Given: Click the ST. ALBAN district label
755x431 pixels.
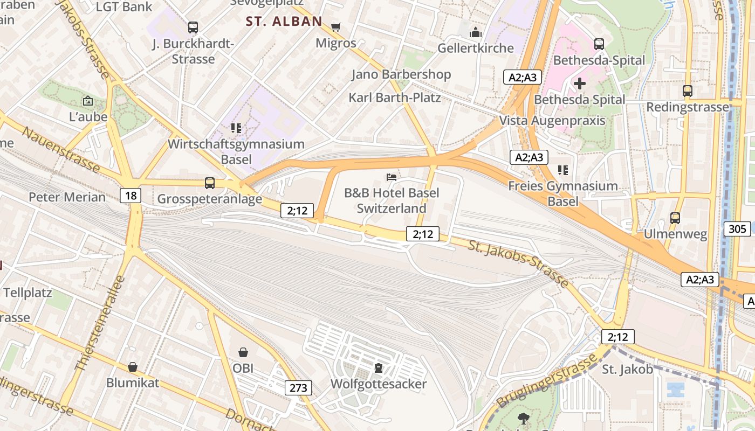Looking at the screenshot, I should (x=284, y=22).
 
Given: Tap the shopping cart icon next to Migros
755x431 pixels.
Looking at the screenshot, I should (x=336, y=27).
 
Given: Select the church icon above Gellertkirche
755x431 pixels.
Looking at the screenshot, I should (x=475, y=32).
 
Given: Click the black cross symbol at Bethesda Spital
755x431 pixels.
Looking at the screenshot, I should (x=580, y=84).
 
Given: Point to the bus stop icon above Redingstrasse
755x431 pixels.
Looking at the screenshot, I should (x=688, y=91).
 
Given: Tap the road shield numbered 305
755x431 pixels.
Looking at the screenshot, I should (x=737, y=229).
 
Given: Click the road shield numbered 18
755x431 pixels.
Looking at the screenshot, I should (x=131, y=196).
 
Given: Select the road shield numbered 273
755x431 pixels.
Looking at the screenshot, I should (x=298, y=387).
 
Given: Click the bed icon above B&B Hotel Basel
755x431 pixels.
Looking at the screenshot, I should (x=392, y=177).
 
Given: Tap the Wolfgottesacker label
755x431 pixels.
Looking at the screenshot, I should (x=378, y=384).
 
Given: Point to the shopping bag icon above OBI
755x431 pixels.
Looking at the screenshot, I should (x=243, y=352).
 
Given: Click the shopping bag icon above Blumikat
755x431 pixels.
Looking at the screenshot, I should (x=133, y=367).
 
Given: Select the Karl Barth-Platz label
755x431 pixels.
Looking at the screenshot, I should (x=394, y=98).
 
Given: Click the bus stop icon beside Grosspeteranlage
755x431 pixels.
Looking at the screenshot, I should (x=210, y=183).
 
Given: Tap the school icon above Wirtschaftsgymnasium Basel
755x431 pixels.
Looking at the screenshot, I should (x=236, y=128).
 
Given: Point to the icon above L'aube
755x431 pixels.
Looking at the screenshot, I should (x=88, y=101).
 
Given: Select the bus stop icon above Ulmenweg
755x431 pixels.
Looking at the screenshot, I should (x=675, y=218).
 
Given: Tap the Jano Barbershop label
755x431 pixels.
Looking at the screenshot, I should (x=401, y=74).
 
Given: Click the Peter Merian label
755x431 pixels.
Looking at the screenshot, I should (x=67, y=197).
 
